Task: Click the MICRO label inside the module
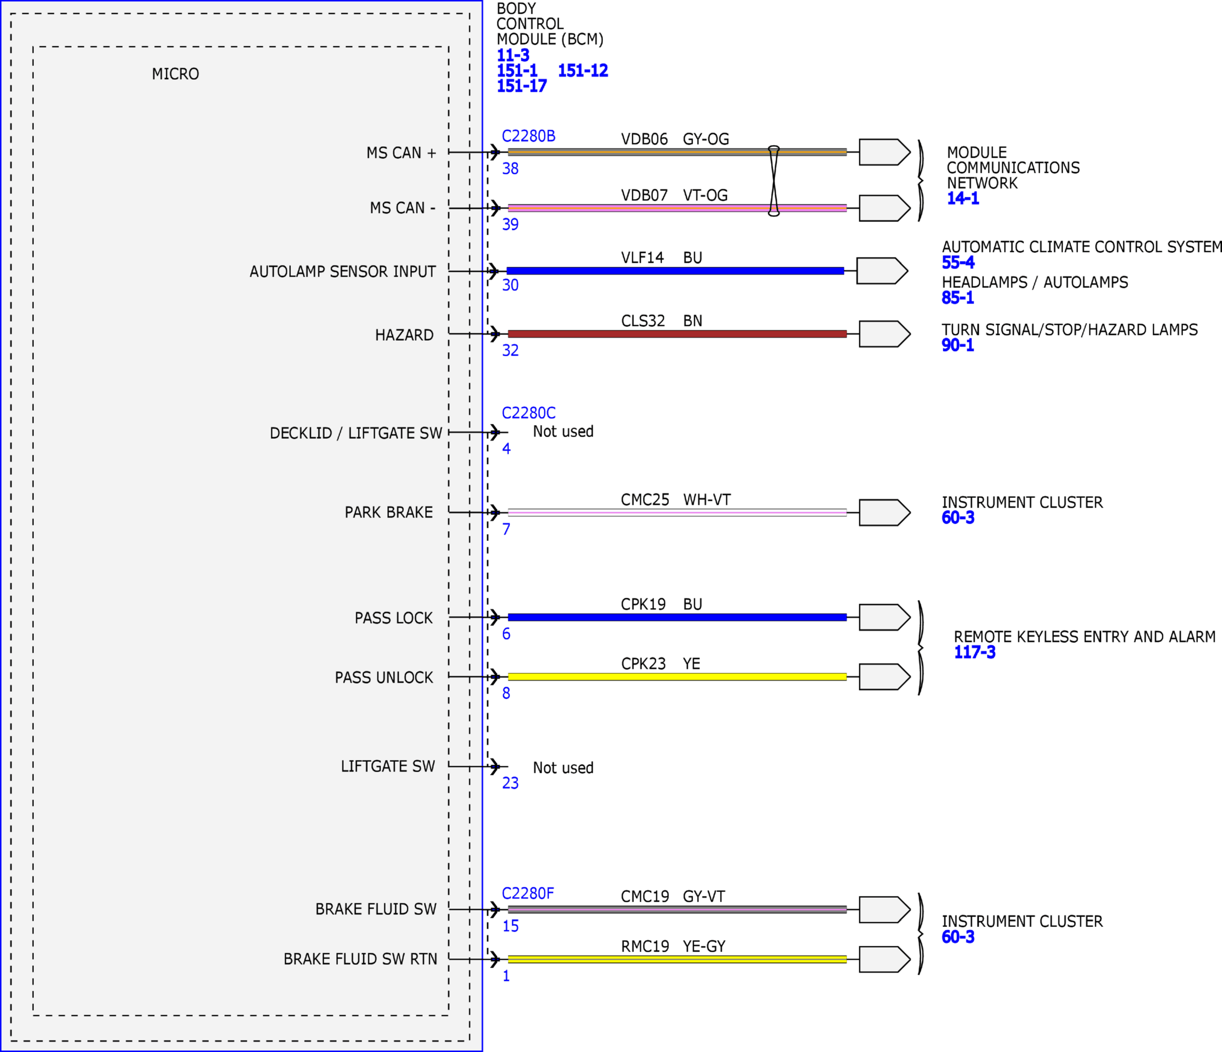tap(175, 75)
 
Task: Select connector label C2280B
tap(528, 136)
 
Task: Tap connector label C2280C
tap(528, 413)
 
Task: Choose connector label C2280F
tap(528, 893)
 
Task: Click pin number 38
tap(510, 169)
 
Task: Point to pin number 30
tap(510, 286)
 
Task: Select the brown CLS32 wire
tap(677, 334)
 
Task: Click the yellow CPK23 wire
tap(677, 676)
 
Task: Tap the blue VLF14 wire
tap(675, 271)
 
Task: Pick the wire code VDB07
tap(644, 195)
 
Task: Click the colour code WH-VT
tap(707, 500)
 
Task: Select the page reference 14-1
tap(963, 198)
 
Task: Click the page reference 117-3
tap(974, 652)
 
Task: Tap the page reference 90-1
tap(957, 345)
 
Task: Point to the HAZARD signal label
tap(404, 336)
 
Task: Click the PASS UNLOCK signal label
tap(384, 677)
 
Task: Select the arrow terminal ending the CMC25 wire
tap(885, 512)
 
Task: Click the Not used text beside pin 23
tap(563, 767)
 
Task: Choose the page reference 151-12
tap(583, 71)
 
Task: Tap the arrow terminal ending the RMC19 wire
tap(885, 960)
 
